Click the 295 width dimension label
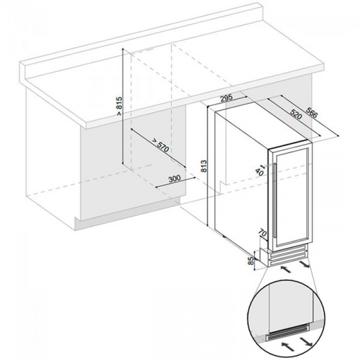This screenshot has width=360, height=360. [226, 98]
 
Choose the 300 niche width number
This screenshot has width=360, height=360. [174, 179]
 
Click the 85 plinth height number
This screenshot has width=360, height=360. [250, 260]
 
